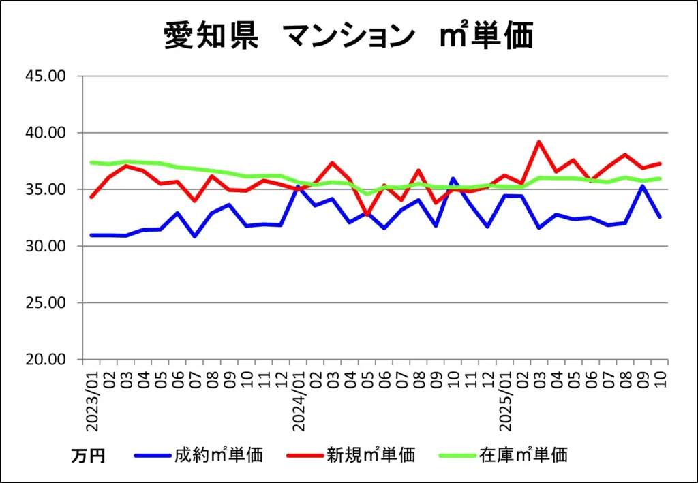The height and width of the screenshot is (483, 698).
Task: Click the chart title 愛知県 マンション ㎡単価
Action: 348,35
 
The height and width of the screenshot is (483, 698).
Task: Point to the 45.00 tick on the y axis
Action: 45,76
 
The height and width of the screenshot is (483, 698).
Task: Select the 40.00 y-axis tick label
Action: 45,132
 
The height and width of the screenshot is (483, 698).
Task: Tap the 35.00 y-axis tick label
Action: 45,189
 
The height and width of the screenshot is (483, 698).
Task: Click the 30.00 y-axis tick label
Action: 45,246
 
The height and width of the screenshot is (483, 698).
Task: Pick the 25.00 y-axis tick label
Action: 45,302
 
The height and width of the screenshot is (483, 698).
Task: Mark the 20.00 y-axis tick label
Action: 45,360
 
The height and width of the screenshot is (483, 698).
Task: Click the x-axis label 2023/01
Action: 92,401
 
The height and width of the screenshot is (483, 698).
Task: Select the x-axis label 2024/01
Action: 299,401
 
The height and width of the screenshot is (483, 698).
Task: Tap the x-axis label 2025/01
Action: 506,401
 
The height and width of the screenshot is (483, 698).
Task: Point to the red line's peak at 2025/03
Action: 539,142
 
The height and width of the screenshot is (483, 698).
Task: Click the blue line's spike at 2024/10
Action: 453,178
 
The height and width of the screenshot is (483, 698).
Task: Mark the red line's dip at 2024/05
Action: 367,215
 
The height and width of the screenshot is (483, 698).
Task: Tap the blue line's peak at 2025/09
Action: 643,186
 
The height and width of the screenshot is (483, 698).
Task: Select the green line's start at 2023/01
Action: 91,162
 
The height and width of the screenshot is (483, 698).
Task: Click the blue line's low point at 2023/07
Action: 195,236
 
